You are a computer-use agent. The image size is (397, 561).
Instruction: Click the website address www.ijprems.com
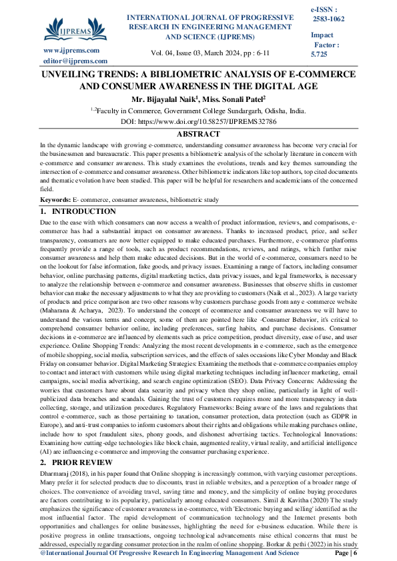tap(71, 51)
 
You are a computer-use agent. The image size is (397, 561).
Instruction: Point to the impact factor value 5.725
tap(320, 53)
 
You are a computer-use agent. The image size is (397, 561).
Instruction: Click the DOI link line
tap(197, 123)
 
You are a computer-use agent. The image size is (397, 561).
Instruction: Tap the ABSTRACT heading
tap(198, 134)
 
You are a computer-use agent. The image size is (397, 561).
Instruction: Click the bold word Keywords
tap(55, 200)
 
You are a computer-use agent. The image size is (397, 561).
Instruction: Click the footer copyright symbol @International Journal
tap(43, 553)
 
